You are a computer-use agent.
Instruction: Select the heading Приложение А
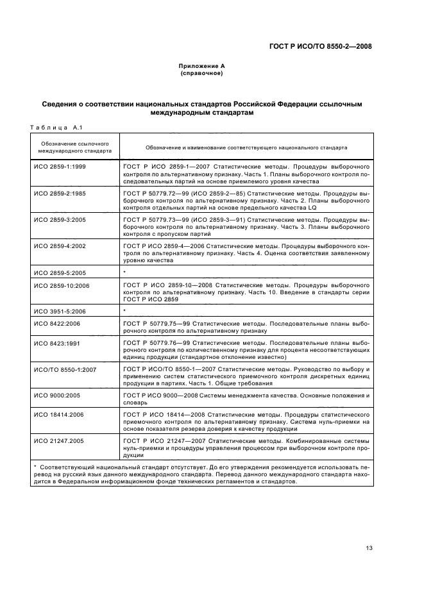201,67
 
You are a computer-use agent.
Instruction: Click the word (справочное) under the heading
201,74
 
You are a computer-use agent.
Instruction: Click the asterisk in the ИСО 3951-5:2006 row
124,311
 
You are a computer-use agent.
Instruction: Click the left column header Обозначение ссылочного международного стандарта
74,147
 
